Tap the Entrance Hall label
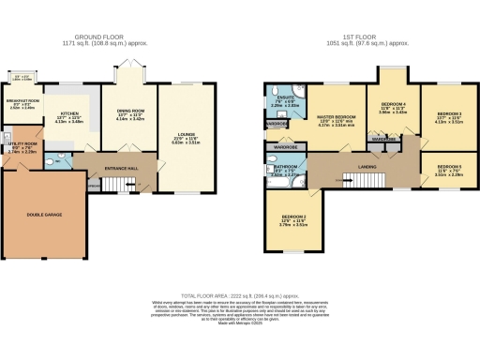pyautogui.click(x=119, y=170)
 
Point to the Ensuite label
pyautogui.click(x=281, y=100)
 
